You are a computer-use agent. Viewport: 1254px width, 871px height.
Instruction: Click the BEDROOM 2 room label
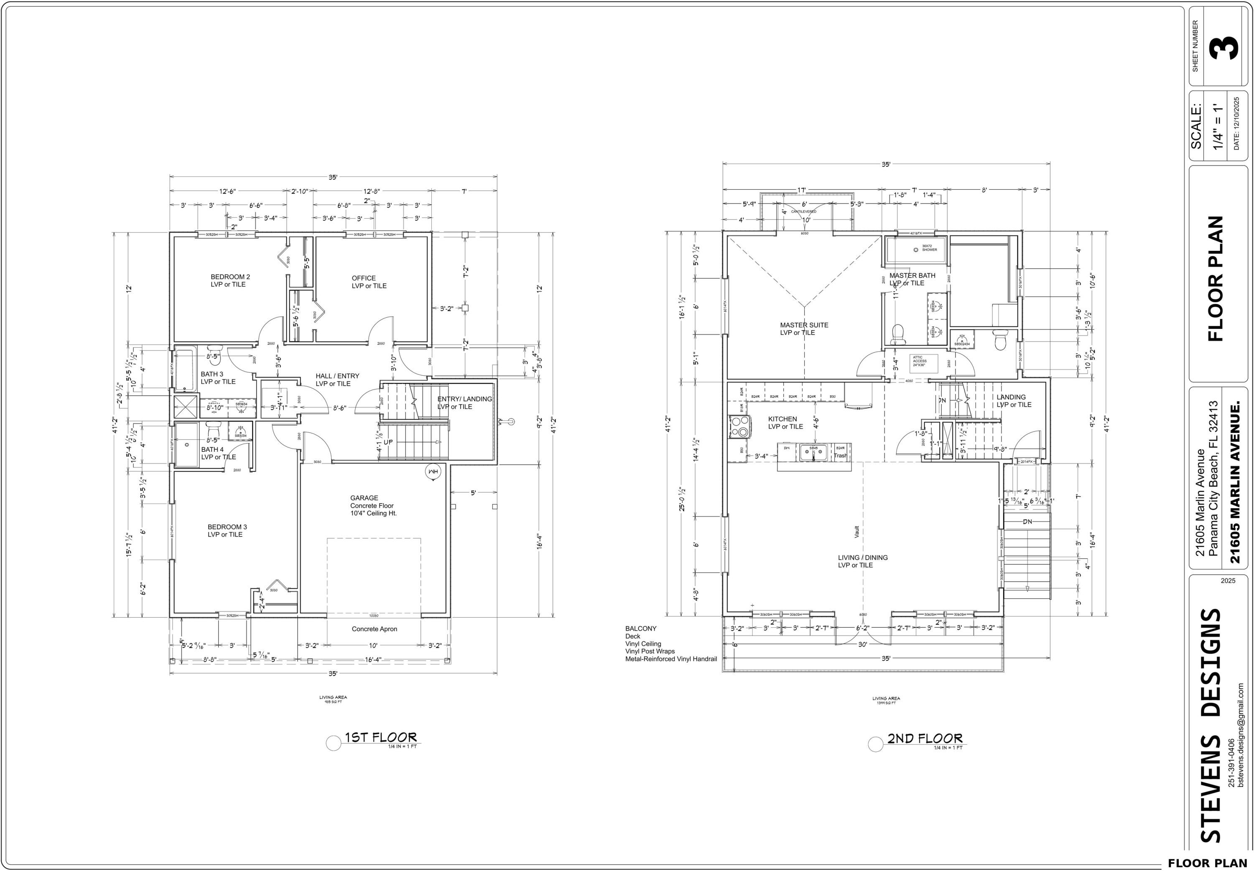[230, 277]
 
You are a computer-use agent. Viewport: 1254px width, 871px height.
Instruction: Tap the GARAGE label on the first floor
[364, 498]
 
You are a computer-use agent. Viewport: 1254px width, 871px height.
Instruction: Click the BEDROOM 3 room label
[227, 527]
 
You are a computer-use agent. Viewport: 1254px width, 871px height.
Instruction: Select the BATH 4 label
[212, 450]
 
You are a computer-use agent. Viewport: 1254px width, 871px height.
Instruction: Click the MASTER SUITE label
[803, 325]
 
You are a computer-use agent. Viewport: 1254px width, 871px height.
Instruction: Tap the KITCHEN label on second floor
[782, 419]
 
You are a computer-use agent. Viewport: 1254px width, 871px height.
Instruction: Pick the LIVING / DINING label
[862, 557]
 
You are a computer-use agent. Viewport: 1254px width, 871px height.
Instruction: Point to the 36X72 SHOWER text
[929, 248]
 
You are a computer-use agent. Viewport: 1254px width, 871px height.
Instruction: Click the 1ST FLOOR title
[380, 738]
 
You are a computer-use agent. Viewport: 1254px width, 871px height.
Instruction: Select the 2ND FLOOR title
[924, 739]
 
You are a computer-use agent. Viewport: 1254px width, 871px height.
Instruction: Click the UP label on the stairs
[388, 442]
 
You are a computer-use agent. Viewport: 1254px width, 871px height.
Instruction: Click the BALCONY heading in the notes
[641, 629]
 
